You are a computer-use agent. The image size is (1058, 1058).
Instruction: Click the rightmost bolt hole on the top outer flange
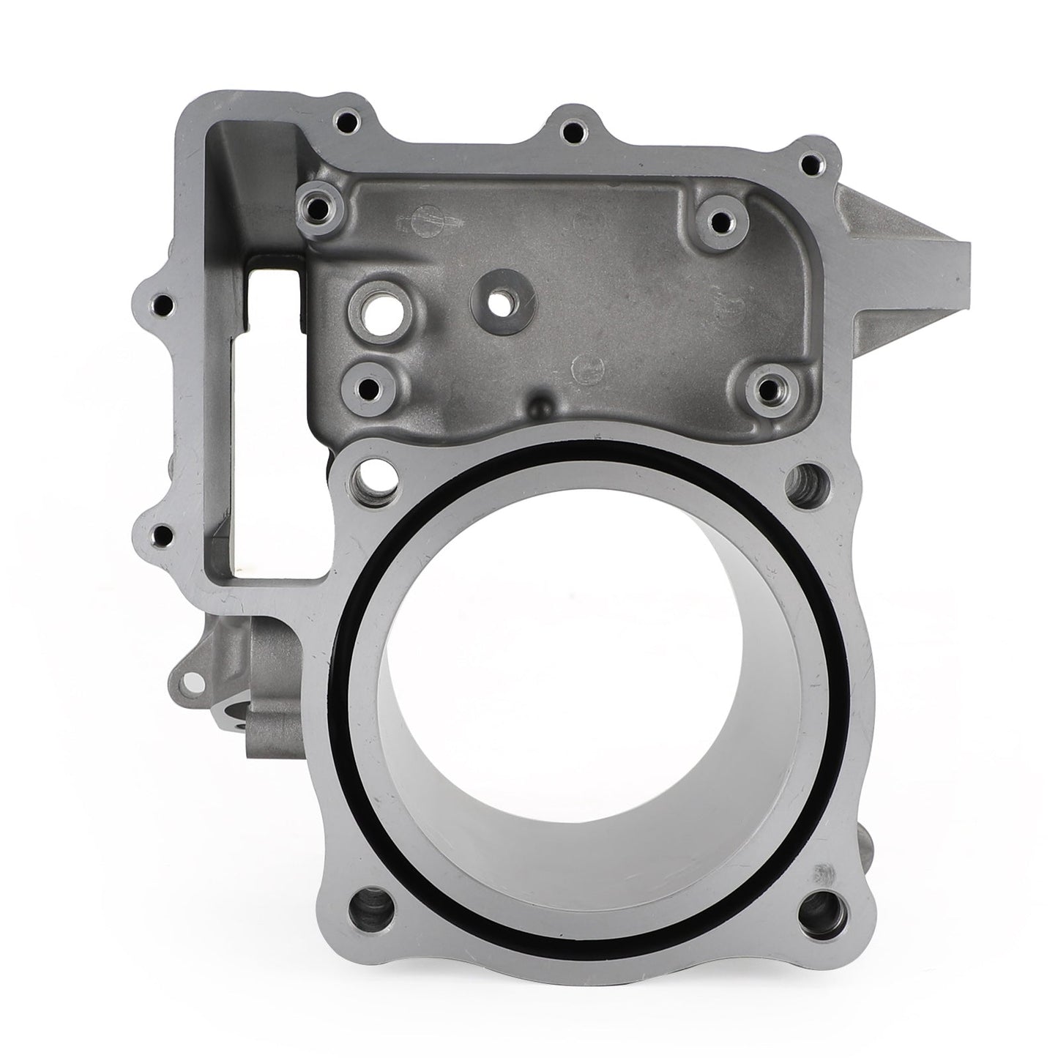(808, 165)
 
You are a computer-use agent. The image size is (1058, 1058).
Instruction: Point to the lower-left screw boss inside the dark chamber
(369, 387)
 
